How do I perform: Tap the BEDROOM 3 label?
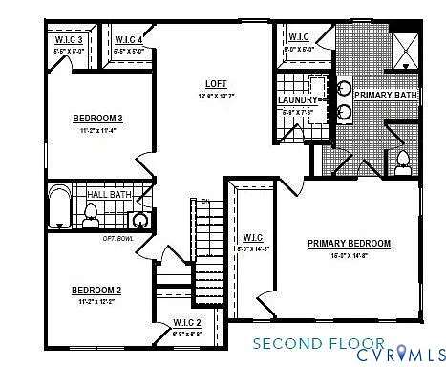(x=98, y=119)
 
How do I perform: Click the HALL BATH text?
(x=110, y=194)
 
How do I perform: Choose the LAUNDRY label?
(x=297, y=99)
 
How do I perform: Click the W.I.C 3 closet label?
(x=67, y=39)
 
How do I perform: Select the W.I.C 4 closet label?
(x=128, y=39)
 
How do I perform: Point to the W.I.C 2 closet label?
(x=187, y=323)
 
